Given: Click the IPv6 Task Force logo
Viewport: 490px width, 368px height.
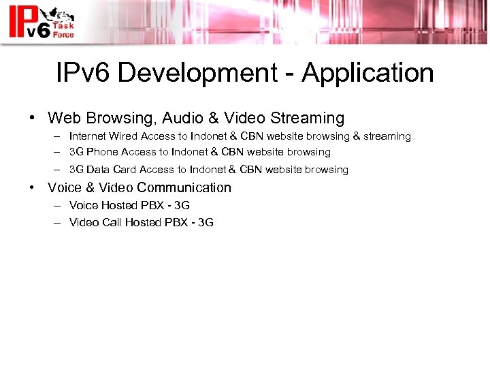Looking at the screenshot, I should (41, 22).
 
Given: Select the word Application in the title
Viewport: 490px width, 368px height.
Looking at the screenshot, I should (367, 72).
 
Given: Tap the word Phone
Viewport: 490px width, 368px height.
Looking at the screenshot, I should (102, 152).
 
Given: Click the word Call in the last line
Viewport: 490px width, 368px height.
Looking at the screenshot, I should (112, 222).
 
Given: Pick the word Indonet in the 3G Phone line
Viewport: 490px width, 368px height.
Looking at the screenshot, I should (192, 152).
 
